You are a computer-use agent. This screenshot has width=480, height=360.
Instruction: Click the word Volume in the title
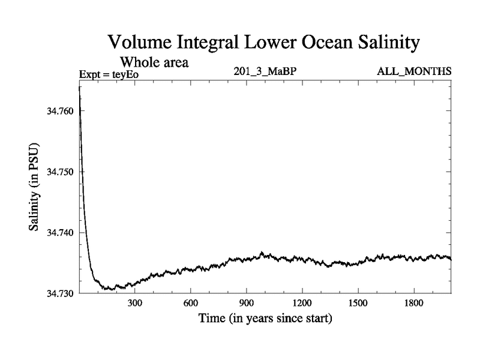tap(142, 43)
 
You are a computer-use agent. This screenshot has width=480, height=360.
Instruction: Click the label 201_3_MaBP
tap(265, 72)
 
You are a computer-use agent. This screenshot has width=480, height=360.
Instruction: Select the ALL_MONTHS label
tap(414, 72)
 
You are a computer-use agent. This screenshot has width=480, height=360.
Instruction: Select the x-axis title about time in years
tap(265, 319)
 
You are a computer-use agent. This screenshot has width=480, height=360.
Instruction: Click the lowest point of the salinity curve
tap(109, 290)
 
